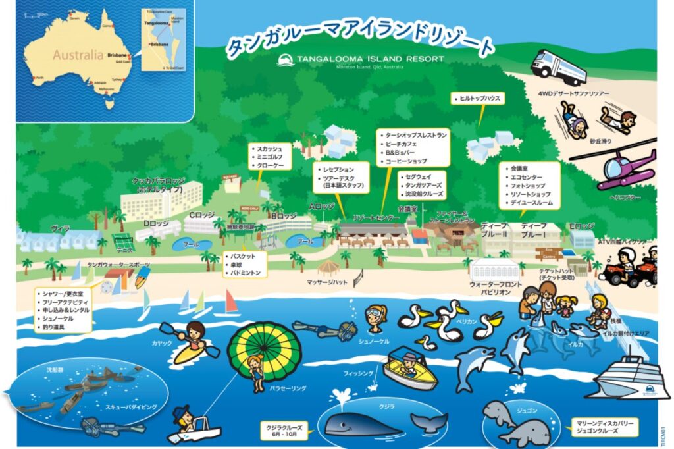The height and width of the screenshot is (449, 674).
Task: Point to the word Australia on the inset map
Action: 78,55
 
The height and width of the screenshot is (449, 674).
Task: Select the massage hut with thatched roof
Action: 328,267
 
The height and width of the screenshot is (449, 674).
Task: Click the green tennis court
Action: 123,240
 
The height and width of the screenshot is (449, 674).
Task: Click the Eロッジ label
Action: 581,226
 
